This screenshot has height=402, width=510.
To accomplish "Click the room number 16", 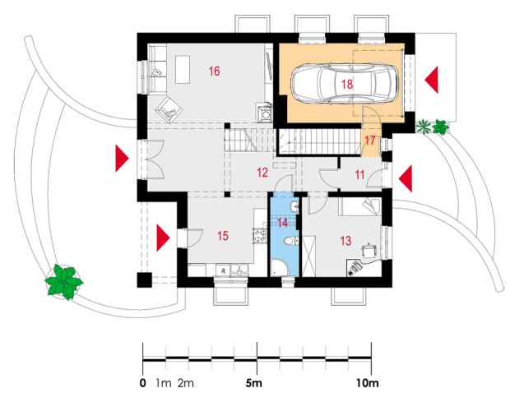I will click(x=214, y=72).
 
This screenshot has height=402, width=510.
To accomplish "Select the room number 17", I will click(x=370, y=141).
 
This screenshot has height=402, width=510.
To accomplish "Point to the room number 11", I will click(x=360, y=174).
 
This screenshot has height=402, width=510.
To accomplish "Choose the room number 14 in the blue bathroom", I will click(x=283, y=221).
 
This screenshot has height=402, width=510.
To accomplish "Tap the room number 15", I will click(x=222, y=236).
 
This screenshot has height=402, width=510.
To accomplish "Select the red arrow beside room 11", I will click(x=405, y=176).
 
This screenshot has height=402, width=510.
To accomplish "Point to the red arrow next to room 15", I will click(x=162, y=238).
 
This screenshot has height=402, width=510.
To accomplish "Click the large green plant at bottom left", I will click(x=64, y=281).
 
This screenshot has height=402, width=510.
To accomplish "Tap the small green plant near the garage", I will click(x=433, y=127).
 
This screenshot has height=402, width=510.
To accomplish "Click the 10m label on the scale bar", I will click(x=367, y=383).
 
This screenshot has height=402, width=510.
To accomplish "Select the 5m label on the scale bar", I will click(x=254, y=383).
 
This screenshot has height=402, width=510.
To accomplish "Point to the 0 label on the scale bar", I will click(x=143, y=383).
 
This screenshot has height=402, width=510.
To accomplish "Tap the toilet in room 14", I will click(x=280, y=262).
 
